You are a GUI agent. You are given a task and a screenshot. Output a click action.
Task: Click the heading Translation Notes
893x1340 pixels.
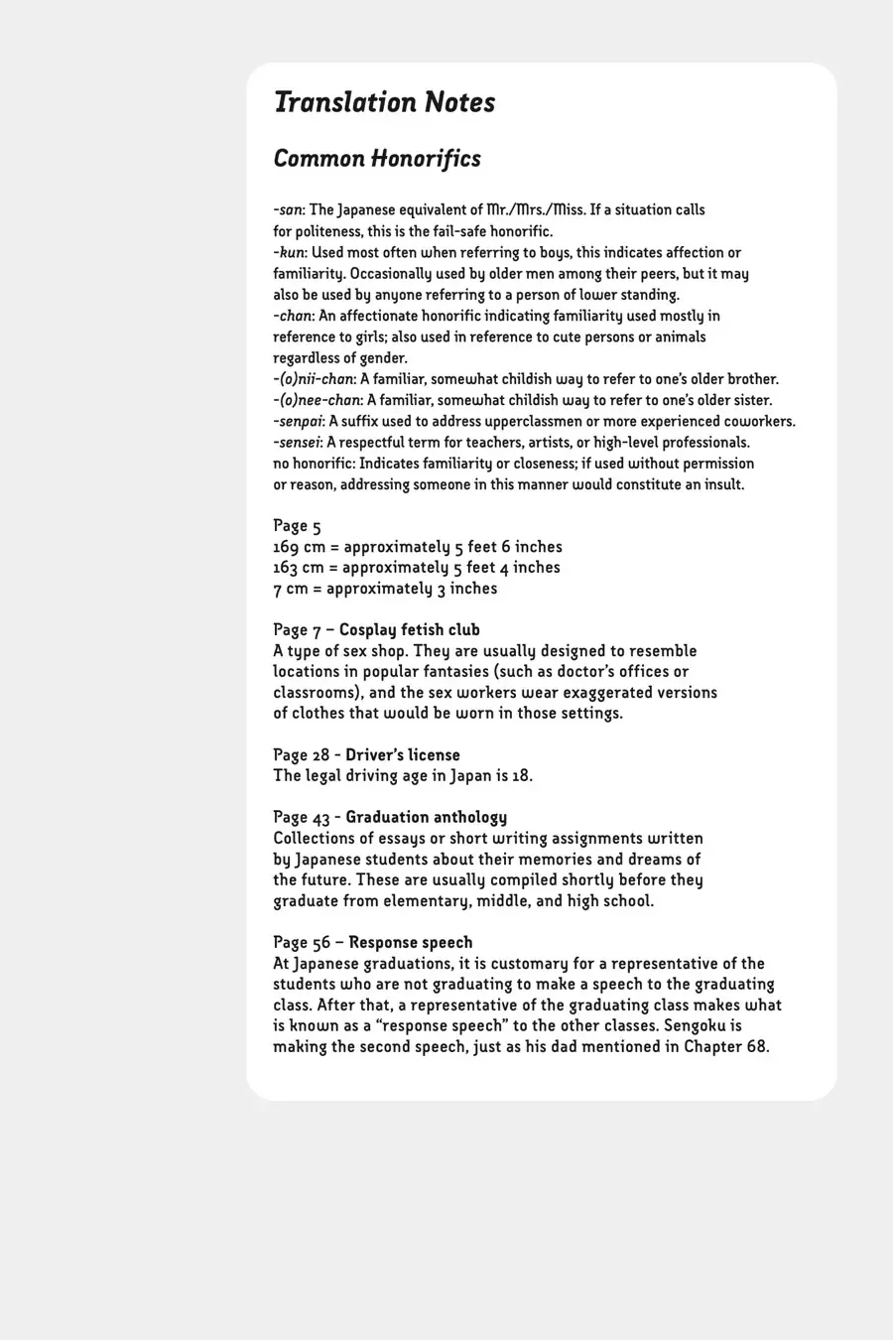384,102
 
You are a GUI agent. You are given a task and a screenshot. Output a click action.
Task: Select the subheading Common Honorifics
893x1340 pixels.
377,159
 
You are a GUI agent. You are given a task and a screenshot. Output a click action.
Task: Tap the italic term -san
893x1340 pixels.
289,210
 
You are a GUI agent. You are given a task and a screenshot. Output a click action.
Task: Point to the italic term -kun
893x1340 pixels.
289,253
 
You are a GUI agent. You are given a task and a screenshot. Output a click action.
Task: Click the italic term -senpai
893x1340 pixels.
298,422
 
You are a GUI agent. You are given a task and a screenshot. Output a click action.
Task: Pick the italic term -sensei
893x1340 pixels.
297,443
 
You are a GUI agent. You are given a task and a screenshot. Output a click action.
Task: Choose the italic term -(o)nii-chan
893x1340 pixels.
314,379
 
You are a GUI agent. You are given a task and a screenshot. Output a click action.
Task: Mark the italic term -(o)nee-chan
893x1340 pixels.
317,401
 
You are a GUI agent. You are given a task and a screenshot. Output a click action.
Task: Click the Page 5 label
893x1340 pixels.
297,526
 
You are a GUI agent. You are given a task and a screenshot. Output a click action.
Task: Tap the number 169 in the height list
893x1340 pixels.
286,547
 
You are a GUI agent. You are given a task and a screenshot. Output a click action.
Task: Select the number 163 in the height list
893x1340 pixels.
286,568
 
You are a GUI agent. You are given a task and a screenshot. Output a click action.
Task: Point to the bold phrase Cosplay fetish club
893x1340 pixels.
409,630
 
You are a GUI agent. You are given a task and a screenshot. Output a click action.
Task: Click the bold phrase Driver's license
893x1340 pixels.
403,755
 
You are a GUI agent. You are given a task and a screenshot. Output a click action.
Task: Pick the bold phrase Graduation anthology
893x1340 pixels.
426,818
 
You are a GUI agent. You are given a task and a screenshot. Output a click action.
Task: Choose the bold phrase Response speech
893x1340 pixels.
411,943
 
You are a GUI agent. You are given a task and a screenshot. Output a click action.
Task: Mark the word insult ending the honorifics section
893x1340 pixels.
720,485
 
